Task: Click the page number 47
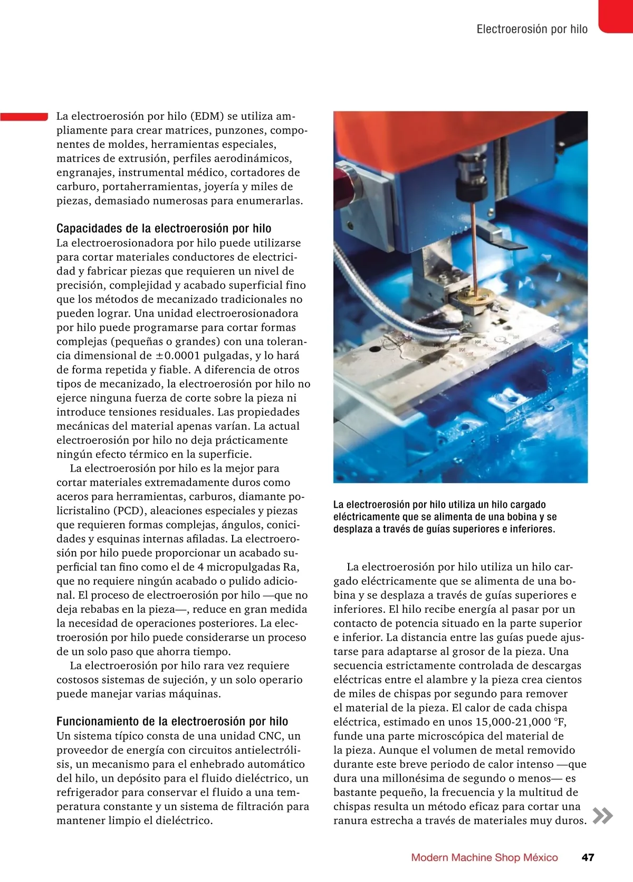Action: (588, 857)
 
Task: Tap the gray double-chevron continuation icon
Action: (602, 815)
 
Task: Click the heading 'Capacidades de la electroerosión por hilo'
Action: (164, 229)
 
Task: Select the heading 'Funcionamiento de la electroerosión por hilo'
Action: (172, 722)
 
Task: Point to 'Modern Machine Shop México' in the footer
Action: (484, 857)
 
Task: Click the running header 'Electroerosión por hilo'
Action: (532, 30)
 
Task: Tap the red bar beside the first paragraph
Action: (24, 116)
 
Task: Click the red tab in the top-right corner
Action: (616, 16)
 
